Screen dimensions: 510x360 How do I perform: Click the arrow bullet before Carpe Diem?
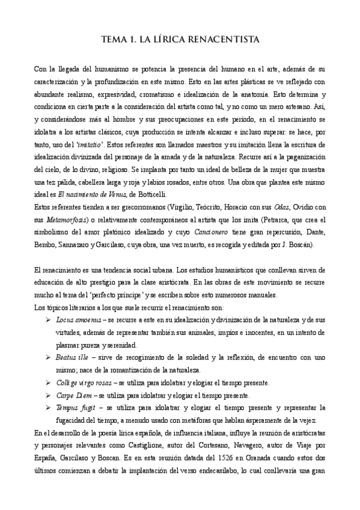tap(49, 395)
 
